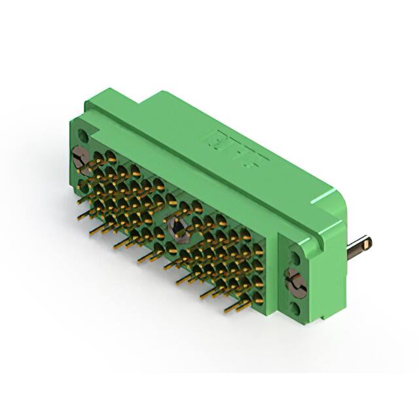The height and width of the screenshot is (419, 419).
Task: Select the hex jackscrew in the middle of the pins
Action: (x=176, y=228)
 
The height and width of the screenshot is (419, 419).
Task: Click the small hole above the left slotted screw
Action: (x=82, y=136)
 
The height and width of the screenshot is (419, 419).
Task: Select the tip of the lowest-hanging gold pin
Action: (x=227, y=308)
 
